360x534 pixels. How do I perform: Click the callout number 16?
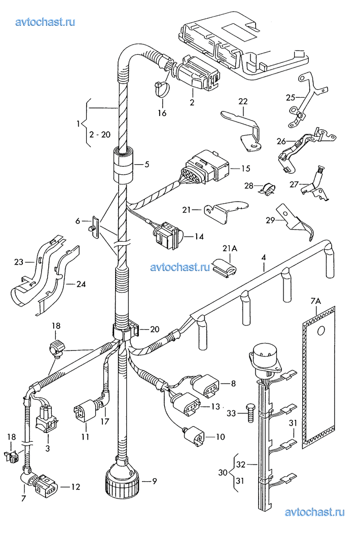pos(162,113)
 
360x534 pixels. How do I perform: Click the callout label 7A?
pos(316,302)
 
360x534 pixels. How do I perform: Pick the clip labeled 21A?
pos(225,266)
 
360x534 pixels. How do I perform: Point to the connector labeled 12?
pos(46,485)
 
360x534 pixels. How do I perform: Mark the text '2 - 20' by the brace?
pos(99,135)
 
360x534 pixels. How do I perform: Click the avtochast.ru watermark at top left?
pos(46,21)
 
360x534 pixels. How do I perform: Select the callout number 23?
pos(19,261)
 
